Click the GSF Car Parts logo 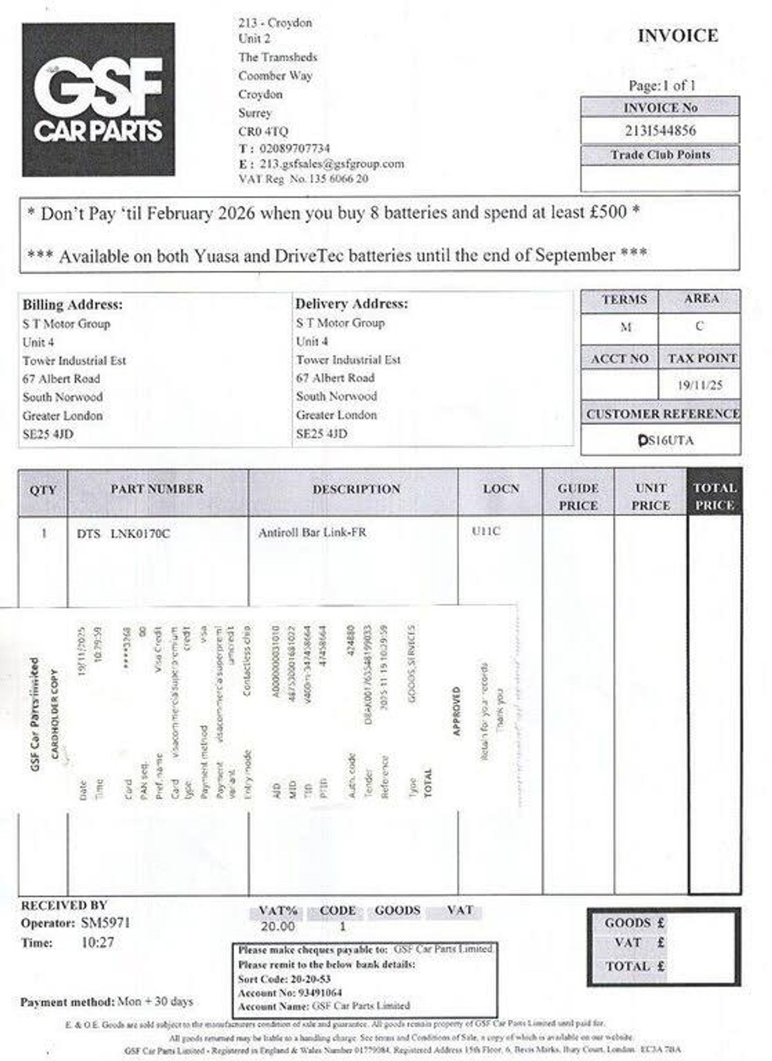(98, 99)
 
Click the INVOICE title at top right (678, 36)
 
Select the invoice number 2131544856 (660, 130)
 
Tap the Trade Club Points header (660, 154)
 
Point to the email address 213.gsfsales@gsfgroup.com (331, 164)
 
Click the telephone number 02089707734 (294, 148)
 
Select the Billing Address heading (72, 305)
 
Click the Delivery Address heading (352, 304)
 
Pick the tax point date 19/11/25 (699, 385)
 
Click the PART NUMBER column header (157, 489)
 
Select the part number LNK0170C (140, 534)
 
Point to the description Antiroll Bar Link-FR (312, 533)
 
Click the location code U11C (486, 532)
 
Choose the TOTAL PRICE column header (714, 496)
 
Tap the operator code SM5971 (105, 923)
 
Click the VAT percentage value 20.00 (278, 926)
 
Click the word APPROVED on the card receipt (456, 711)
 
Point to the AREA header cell (701, 299)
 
